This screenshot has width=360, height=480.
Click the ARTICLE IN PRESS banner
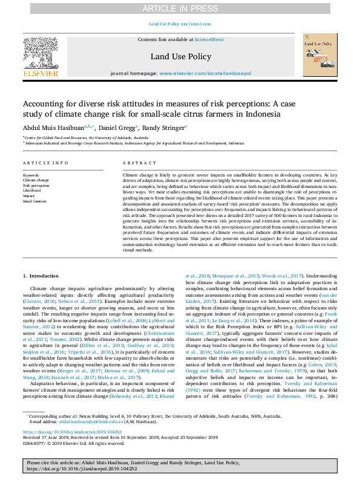[180, 8]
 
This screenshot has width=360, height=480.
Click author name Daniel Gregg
[118, 128]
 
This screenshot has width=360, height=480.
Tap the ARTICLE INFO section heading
[45, 164]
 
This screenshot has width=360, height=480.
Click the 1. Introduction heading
[41, 276]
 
